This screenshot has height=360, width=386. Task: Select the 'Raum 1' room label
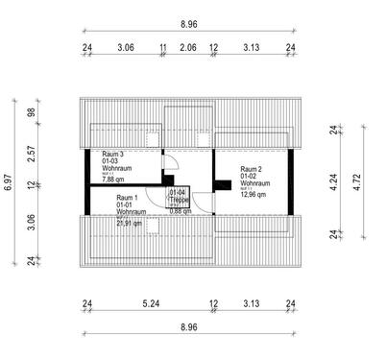pos(127,198)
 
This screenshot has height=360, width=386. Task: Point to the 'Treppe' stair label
pos(179,200)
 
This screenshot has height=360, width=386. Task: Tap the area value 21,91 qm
pos(130,222)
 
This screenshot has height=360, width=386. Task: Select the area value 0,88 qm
pos(181,210)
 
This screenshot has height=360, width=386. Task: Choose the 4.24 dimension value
pos(332,181)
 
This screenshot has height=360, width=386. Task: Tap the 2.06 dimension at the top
pos(188,46)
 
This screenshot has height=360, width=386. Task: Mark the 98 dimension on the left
pos(31,112)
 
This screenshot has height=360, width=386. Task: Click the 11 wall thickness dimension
pos(163,46)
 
